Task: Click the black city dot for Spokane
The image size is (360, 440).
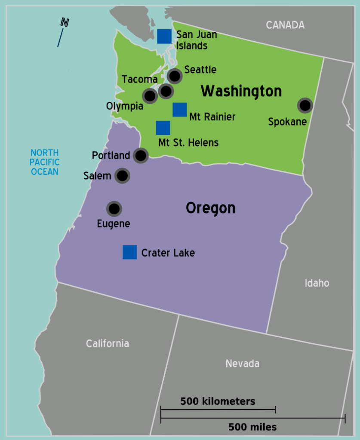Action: click(x=305, y=105)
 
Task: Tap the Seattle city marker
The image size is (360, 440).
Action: click(x=175, y=76)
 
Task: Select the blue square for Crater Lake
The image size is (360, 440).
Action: click(x=130, y=252)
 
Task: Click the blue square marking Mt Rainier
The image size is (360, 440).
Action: click(x=179, y=110)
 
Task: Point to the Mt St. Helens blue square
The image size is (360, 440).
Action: click(x=163, y=128)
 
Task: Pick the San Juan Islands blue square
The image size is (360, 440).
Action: click(x=164, y=37)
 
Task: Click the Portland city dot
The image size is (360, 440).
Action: click(x=141, y=155)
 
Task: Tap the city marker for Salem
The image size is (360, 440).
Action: click(x=123, y=175)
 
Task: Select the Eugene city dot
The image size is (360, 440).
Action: click(x=114, y=209)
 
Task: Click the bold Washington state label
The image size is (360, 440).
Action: click(x=241, y=91)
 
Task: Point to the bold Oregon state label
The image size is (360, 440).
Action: click(x=210, y=208)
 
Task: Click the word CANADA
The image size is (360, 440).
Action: click(x=285, y=25)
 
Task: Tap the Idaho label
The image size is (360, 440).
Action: click(x=317, y=283)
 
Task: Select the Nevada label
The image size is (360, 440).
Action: click(x=243, y=364)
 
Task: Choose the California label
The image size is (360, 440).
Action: click(x=107, y=344)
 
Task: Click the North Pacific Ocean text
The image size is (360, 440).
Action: click(x=44, y=162)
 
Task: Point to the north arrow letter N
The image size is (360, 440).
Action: click(x=65, y=22)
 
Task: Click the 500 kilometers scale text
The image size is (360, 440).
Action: click(x=218, y=401)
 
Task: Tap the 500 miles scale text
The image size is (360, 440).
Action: click(x=252, y=427)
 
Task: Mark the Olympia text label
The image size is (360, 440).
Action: click(x=125, y=106)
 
